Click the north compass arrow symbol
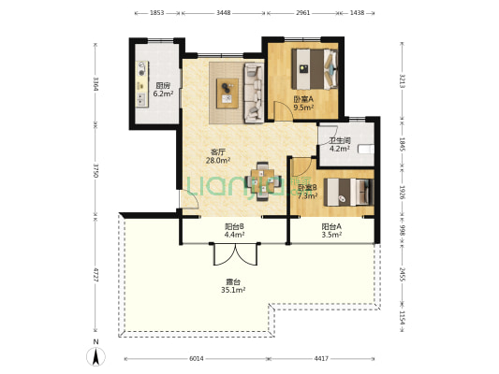tap(95, 356)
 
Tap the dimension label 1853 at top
tap(156, 13)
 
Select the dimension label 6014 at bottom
tap(197, 359)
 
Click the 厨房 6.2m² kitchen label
tap(163, 90)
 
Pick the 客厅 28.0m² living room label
tap(218, 156)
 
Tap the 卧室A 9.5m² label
tap(303, 103)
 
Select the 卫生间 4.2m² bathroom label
tap(340, 144)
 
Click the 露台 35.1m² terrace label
tap(233, 286)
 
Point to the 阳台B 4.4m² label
tap(234, 231)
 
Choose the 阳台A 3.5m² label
tap(331, 231)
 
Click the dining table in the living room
tap(262, 181)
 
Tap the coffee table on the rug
tap(227, 93)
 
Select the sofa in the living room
tap(254, 93)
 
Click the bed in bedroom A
tap(315, 68)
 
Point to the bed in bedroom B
tap(348, 192)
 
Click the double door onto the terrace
tap(235, 254)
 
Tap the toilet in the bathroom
tap(366, 149)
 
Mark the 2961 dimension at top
tap(302, 13)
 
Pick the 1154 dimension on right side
tap(403, 318)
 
